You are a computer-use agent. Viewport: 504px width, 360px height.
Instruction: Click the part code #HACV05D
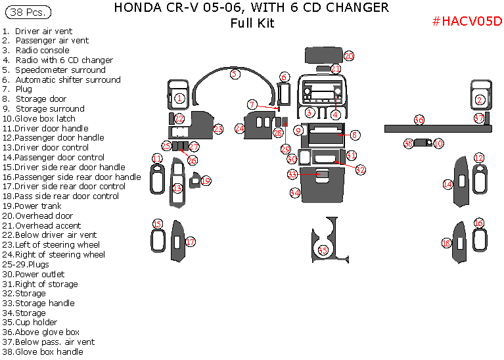pyautogui.click(x=467, y=21)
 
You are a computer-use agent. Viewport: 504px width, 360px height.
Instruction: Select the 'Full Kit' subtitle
pyautogui.click(x=252, y=24)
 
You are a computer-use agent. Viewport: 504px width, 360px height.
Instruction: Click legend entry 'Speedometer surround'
pyautogui.click(x=60, y=70)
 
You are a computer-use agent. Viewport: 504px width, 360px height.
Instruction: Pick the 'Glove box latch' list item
pyautogui.click(x=45, y=118)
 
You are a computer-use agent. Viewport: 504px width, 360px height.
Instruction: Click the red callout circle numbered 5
pyautogui.click(x=235, y=74)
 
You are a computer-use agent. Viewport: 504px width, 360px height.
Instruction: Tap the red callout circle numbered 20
pyautogui.click(x=349, y=56)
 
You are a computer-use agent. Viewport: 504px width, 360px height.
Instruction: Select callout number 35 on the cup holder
pyautogui.click(x=323, y=250)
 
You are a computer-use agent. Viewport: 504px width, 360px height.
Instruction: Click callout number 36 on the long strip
pyautogui.click(x=419, y=120)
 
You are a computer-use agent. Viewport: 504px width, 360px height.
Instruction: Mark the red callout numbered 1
pyautogui.click(x=179, y=99)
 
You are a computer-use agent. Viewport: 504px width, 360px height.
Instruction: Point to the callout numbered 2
pyautogui.click(x=480, y=100)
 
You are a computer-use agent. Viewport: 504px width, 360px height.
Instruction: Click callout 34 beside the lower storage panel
pyautogui.click(x=295, y=192)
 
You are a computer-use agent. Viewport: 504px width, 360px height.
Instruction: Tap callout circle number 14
pyautogui.click(x=447, y=185)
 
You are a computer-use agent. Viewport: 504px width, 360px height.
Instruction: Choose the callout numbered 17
pyautogui.click(x=190, y=242)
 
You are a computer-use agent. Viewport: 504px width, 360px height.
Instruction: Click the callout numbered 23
pyautogui.click(x=218, y=129)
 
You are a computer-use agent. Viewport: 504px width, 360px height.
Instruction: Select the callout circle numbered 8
pyautogui.click(x=355, y=135)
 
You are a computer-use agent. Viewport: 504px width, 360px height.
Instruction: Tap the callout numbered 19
pyautogui.click(x=206, y=181)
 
